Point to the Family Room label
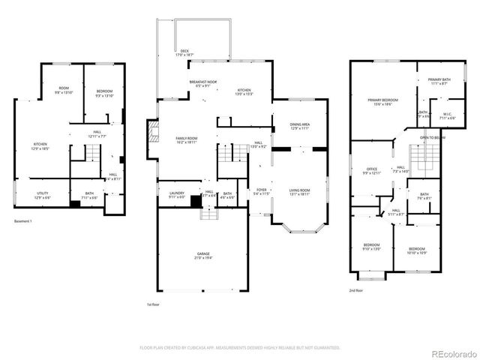point(186,140)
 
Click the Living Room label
point(300,191)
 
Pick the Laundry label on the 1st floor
point(176,195)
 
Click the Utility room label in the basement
point(42,195)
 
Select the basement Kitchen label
point(40,146)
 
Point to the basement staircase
point(90,154)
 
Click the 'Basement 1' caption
point(25,221)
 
